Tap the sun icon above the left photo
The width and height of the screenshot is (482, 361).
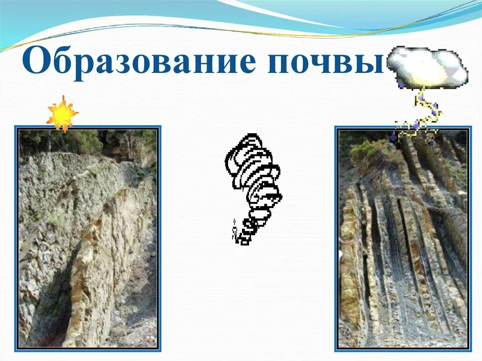coord(62,113)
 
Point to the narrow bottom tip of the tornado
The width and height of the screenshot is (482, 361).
coord(242,238)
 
